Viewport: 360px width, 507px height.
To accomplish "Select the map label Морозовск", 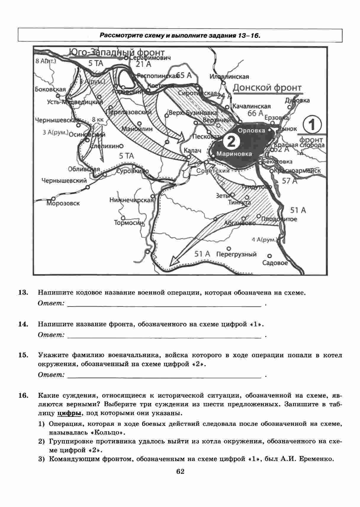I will [63, 203].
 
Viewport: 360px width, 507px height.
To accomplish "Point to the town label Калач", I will [192, 150].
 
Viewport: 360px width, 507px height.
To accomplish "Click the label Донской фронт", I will [267, 88].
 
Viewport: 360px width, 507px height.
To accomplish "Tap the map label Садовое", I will [275, 263].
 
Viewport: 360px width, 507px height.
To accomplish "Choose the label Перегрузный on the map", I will [236, 254].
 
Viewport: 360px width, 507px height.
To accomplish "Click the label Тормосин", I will [129, 223].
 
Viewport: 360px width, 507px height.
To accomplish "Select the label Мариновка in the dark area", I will [234, 154].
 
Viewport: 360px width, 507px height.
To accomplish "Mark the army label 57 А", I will [290, 181].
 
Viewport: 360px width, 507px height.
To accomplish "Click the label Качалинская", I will [251, 106].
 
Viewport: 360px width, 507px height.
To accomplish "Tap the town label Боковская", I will [50, 89].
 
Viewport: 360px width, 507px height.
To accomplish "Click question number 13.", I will [23, 293].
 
